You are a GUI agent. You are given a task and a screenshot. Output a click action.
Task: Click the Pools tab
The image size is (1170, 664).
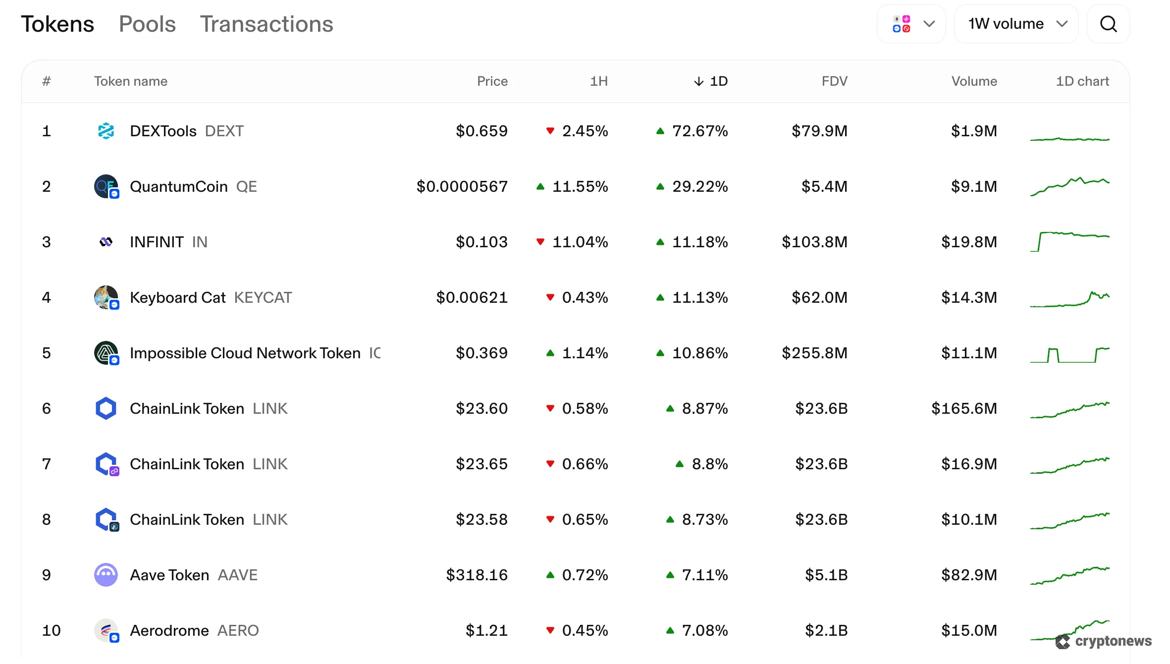147,24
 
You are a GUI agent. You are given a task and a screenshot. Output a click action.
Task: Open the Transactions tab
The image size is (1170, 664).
266,24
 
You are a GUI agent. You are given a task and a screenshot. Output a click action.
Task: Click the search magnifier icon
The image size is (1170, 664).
1108,24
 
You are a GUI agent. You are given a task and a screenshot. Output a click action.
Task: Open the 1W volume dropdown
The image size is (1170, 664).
1016,24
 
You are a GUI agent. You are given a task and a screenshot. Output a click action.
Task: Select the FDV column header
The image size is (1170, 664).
834,81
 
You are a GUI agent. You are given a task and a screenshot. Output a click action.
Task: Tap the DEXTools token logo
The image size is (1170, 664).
106,131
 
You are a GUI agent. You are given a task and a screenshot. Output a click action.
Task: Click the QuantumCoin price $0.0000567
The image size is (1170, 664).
462,187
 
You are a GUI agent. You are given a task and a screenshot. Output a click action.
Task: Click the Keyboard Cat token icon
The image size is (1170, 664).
106,297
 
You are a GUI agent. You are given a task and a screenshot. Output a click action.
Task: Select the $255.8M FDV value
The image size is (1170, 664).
814,353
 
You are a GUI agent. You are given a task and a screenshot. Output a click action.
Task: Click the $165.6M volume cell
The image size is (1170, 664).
964,409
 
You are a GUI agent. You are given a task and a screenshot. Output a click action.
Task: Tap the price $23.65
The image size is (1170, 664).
481,464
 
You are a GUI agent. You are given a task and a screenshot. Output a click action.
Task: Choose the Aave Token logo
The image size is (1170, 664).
106,575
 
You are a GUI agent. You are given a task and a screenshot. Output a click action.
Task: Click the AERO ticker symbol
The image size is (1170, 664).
238,631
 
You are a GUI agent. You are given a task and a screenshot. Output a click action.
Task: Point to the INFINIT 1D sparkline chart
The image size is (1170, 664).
1069,241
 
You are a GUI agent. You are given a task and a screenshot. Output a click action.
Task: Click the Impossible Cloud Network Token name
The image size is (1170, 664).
245,353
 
